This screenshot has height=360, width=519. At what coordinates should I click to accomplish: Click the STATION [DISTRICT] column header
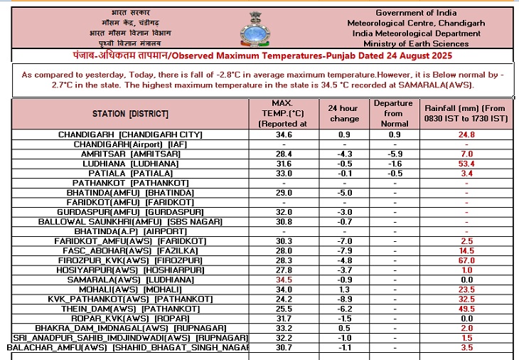[130, 114]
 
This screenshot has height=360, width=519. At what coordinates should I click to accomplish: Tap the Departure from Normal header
[392, 114]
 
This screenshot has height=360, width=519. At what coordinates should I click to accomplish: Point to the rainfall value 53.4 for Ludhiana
[466, 164]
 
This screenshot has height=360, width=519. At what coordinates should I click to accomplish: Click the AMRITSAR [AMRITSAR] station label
[129, 154]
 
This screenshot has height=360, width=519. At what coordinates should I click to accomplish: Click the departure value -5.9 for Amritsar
[392, 154]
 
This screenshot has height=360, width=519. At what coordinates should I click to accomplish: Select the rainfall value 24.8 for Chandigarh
[466, 134]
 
